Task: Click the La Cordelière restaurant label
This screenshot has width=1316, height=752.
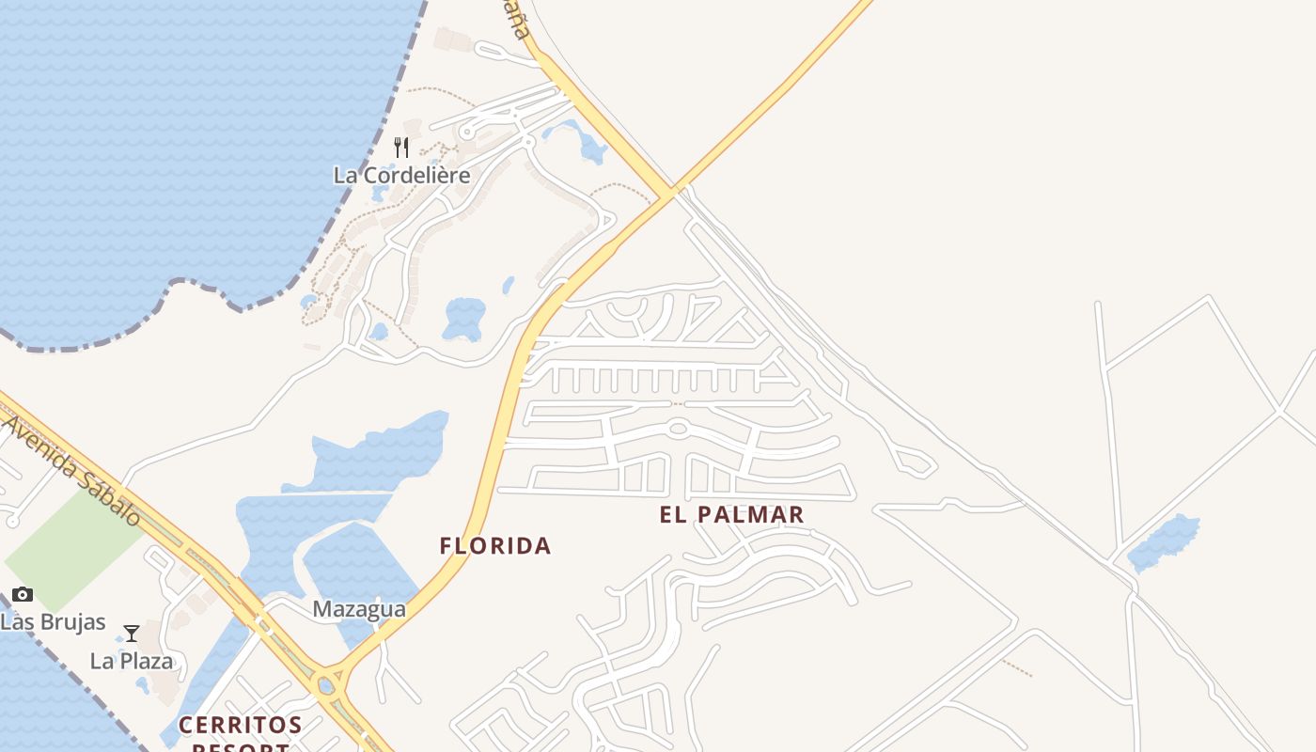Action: tap(401, 175)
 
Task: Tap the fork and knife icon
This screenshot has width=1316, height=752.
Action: tap(401, 148)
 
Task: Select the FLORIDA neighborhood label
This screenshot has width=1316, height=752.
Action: tap(495, 545)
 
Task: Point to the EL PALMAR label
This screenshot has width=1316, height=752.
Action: tap(732, 514)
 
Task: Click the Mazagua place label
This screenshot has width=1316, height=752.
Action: tap(359, 609)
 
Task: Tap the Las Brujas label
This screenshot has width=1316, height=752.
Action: tap(53, 622)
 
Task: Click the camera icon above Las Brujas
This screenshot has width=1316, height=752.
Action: tap(23, 594)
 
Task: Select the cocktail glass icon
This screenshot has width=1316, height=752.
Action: tap(132, 634)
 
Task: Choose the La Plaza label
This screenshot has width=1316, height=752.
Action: tap(132, 661)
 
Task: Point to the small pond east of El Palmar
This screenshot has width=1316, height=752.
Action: tap(1164, 543)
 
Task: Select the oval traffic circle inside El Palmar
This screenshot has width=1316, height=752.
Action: tap(678, 429)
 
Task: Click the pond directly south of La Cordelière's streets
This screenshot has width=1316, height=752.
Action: tap(463, 318)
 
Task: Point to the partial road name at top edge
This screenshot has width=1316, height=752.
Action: tap(513, 17)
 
